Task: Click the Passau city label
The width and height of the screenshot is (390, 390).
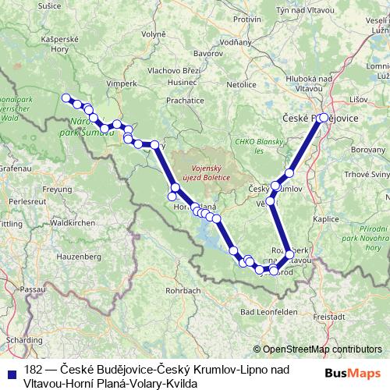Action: pos(30,289)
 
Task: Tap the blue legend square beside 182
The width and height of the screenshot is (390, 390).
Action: pos(12,371)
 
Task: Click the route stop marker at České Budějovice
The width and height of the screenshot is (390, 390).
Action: pos(324,118)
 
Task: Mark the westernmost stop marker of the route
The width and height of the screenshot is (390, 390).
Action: pos(66,98)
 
